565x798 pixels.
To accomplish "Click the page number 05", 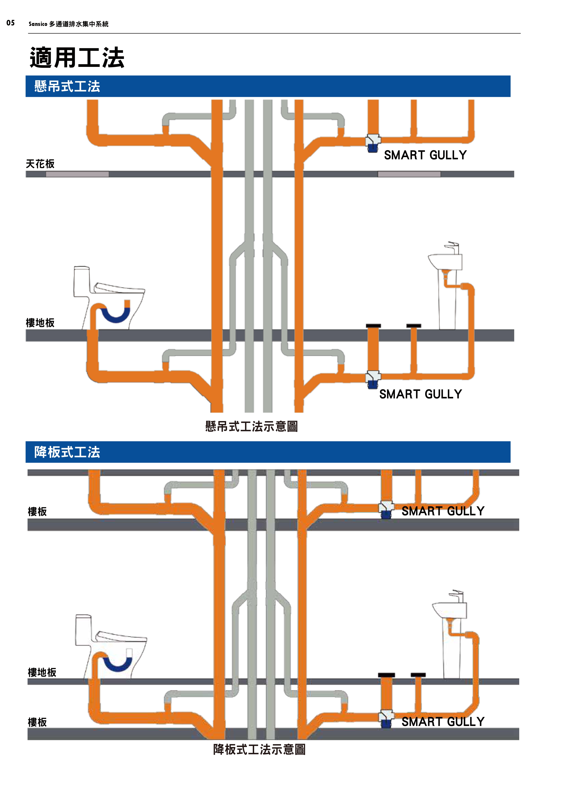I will [x=10, y=23].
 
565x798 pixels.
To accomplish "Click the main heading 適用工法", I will [x=77, y=58].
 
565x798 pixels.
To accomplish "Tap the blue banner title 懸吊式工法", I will [x=67, y=86].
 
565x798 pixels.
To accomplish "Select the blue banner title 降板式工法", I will [x=67, y=452].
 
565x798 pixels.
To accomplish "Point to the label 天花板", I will [x=40, y=164].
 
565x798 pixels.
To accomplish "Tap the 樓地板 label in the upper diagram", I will [x=40, y=323].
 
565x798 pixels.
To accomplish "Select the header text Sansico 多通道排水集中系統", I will [x=69, y=24].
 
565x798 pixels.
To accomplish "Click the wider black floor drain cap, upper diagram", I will [x=373, y=326].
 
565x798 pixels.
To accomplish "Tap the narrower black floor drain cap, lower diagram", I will [x=418, y=675].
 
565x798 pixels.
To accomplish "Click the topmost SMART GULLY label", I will [x=425, y=155].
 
